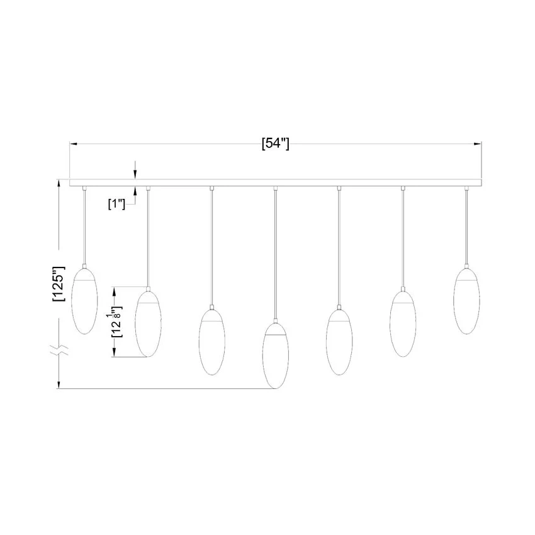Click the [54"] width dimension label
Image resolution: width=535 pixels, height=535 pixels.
pos(275,144)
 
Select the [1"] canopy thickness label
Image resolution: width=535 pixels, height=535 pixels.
pos(116,205)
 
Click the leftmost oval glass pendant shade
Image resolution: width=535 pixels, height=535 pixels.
pos(84,301)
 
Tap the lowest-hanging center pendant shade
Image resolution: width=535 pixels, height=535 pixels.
pos(275,356)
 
